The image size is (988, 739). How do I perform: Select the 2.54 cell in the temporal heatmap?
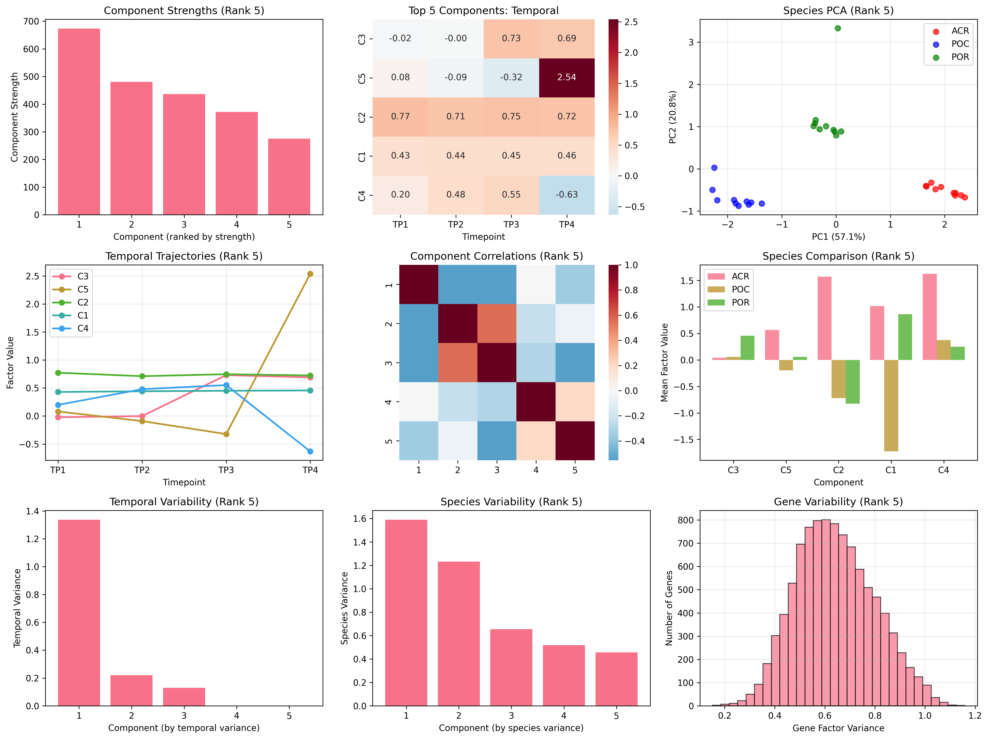tap(566, 77)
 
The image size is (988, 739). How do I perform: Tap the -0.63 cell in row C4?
tap(566, 195)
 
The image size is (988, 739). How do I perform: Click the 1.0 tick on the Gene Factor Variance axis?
tap(925, 715)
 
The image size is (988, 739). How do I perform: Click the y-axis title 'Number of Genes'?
tap(669, 608)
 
